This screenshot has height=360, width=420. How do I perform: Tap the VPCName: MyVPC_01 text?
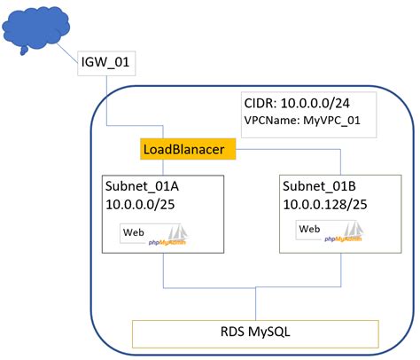pyautogui.click(x=303, y=120)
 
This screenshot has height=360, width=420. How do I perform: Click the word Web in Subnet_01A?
pyautogui.click(x=134, y=232)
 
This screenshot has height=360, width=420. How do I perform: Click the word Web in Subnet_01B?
pyautogui.click(x=309, y=230)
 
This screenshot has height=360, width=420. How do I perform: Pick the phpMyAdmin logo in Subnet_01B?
pyautogui.click(x=346, y=233)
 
